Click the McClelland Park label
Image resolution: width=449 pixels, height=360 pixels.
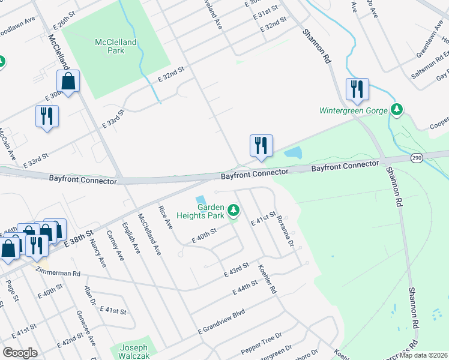[116, 46]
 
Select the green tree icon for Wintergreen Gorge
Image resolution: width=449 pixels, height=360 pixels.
[396, 109]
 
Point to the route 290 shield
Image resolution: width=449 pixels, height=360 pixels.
[417, 158]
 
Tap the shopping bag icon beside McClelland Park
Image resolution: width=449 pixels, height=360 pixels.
[68, 81]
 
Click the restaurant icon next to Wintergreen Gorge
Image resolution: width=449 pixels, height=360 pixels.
[357, 89]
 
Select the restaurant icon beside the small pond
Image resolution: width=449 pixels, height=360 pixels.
[261, 145]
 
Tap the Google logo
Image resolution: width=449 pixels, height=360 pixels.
[20, 353]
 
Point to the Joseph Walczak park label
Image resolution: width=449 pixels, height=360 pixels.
[133, 352]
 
